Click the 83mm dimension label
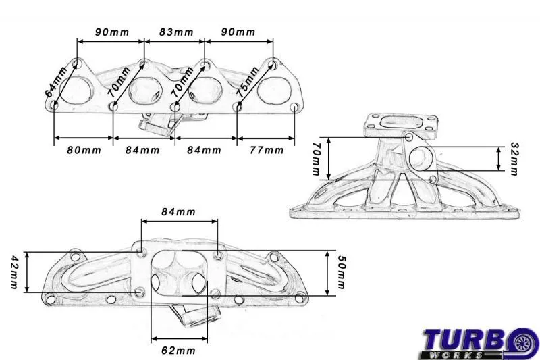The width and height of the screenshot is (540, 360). click(x=176, y=32)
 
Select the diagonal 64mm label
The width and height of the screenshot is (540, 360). click(x=56, y=82)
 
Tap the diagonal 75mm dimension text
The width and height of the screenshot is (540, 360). click(x=247, y=81)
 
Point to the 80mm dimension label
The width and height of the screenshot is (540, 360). click(x=84, y=150)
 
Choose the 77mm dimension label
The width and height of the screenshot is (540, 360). click(x=267, y=150)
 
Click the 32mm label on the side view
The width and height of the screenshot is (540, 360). click(x=514, y=159)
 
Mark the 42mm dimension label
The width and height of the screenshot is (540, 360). click(x=13, y=272)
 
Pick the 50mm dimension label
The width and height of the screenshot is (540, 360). click(x=341, y=272)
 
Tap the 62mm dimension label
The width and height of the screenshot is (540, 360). click(x=178, y=351)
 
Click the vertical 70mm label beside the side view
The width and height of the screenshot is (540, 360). click(x=316, y=159)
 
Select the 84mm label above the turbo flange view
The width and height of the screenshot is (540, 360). click(x=178, y=212)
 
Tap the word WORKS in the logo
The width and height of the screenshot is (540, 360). click(x=455, y=355)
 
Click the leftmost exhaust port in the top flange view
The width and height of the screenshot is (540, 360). click(x=76, y=91)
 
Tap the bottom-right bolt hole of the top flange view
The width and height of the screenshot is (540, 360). click(x=294, y=107)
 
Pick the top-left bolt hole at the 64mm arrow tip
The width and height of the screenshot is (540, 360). click(x=78, y=63)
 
